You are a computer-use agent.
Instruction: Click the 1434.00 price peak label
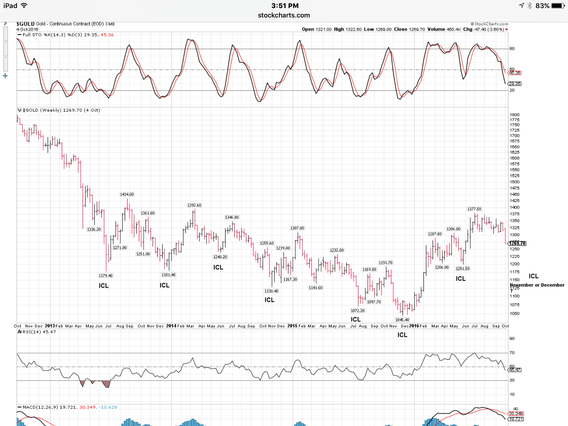(x=127, y=194)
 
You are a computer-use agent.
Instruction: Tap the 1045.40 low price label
(x=402, y=320)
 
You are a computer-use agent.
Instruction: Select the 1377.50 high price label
(x=474, y=209)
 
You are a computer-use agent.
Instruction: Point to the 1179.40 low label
(x=105, y=275)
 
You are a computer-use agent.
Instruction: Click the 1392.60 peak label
(x=194, y=205)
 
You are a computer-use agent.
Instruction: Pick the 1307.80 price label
(x=297, y=228)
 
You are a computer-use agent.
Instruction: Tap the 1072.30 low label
(x=357, y=311)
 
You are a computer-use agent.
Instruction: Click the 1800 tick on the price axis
(x=514, y=115)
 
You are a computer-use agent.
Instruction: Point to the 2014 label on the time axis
(x=171, y=326)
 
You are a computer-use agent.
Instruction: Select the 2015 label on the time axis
(x=293, y=326)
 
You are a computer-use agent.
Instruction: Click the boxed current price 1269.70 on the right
(x=517, y=243)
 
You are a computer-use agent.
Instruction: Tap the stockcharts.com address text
(x=284, y=15)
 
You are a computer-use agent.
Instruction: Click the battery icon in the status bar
(x=558, y=6)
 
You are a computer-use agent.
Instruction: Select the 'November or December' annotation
(x=537, y=285)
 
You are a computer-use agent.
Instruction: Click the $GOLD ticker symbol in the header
(x=25, y=24)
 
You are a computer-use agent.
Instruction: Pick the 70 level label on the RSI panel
(x=512, y=353)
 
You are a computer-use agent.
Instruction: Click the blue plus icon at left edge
(x=5, y=76)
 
